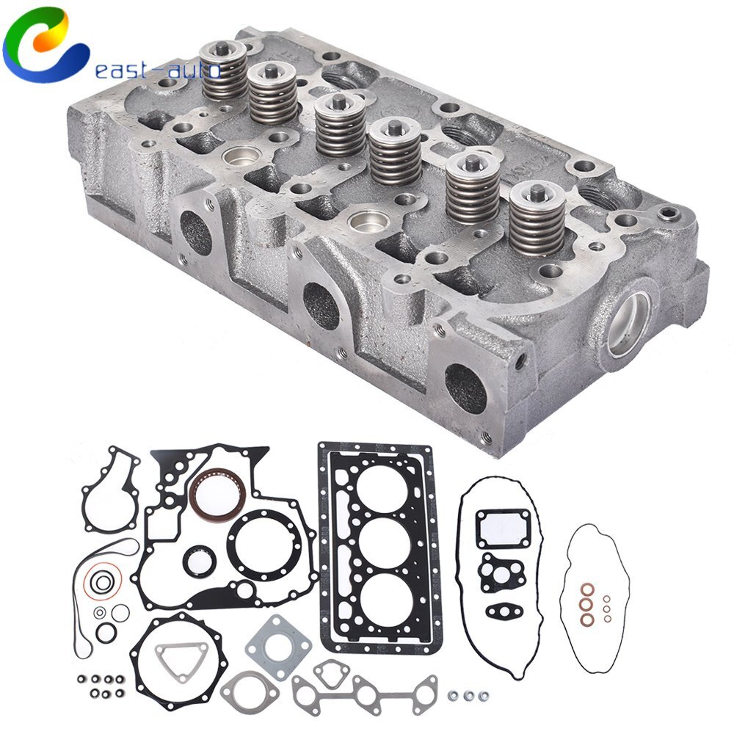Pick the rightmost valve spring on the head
coord(538,217)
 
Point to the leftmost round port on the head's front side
coord(197,233)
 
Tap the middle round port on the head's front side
coord(321,305)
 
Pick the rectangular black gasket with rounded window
coord(503,528)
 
